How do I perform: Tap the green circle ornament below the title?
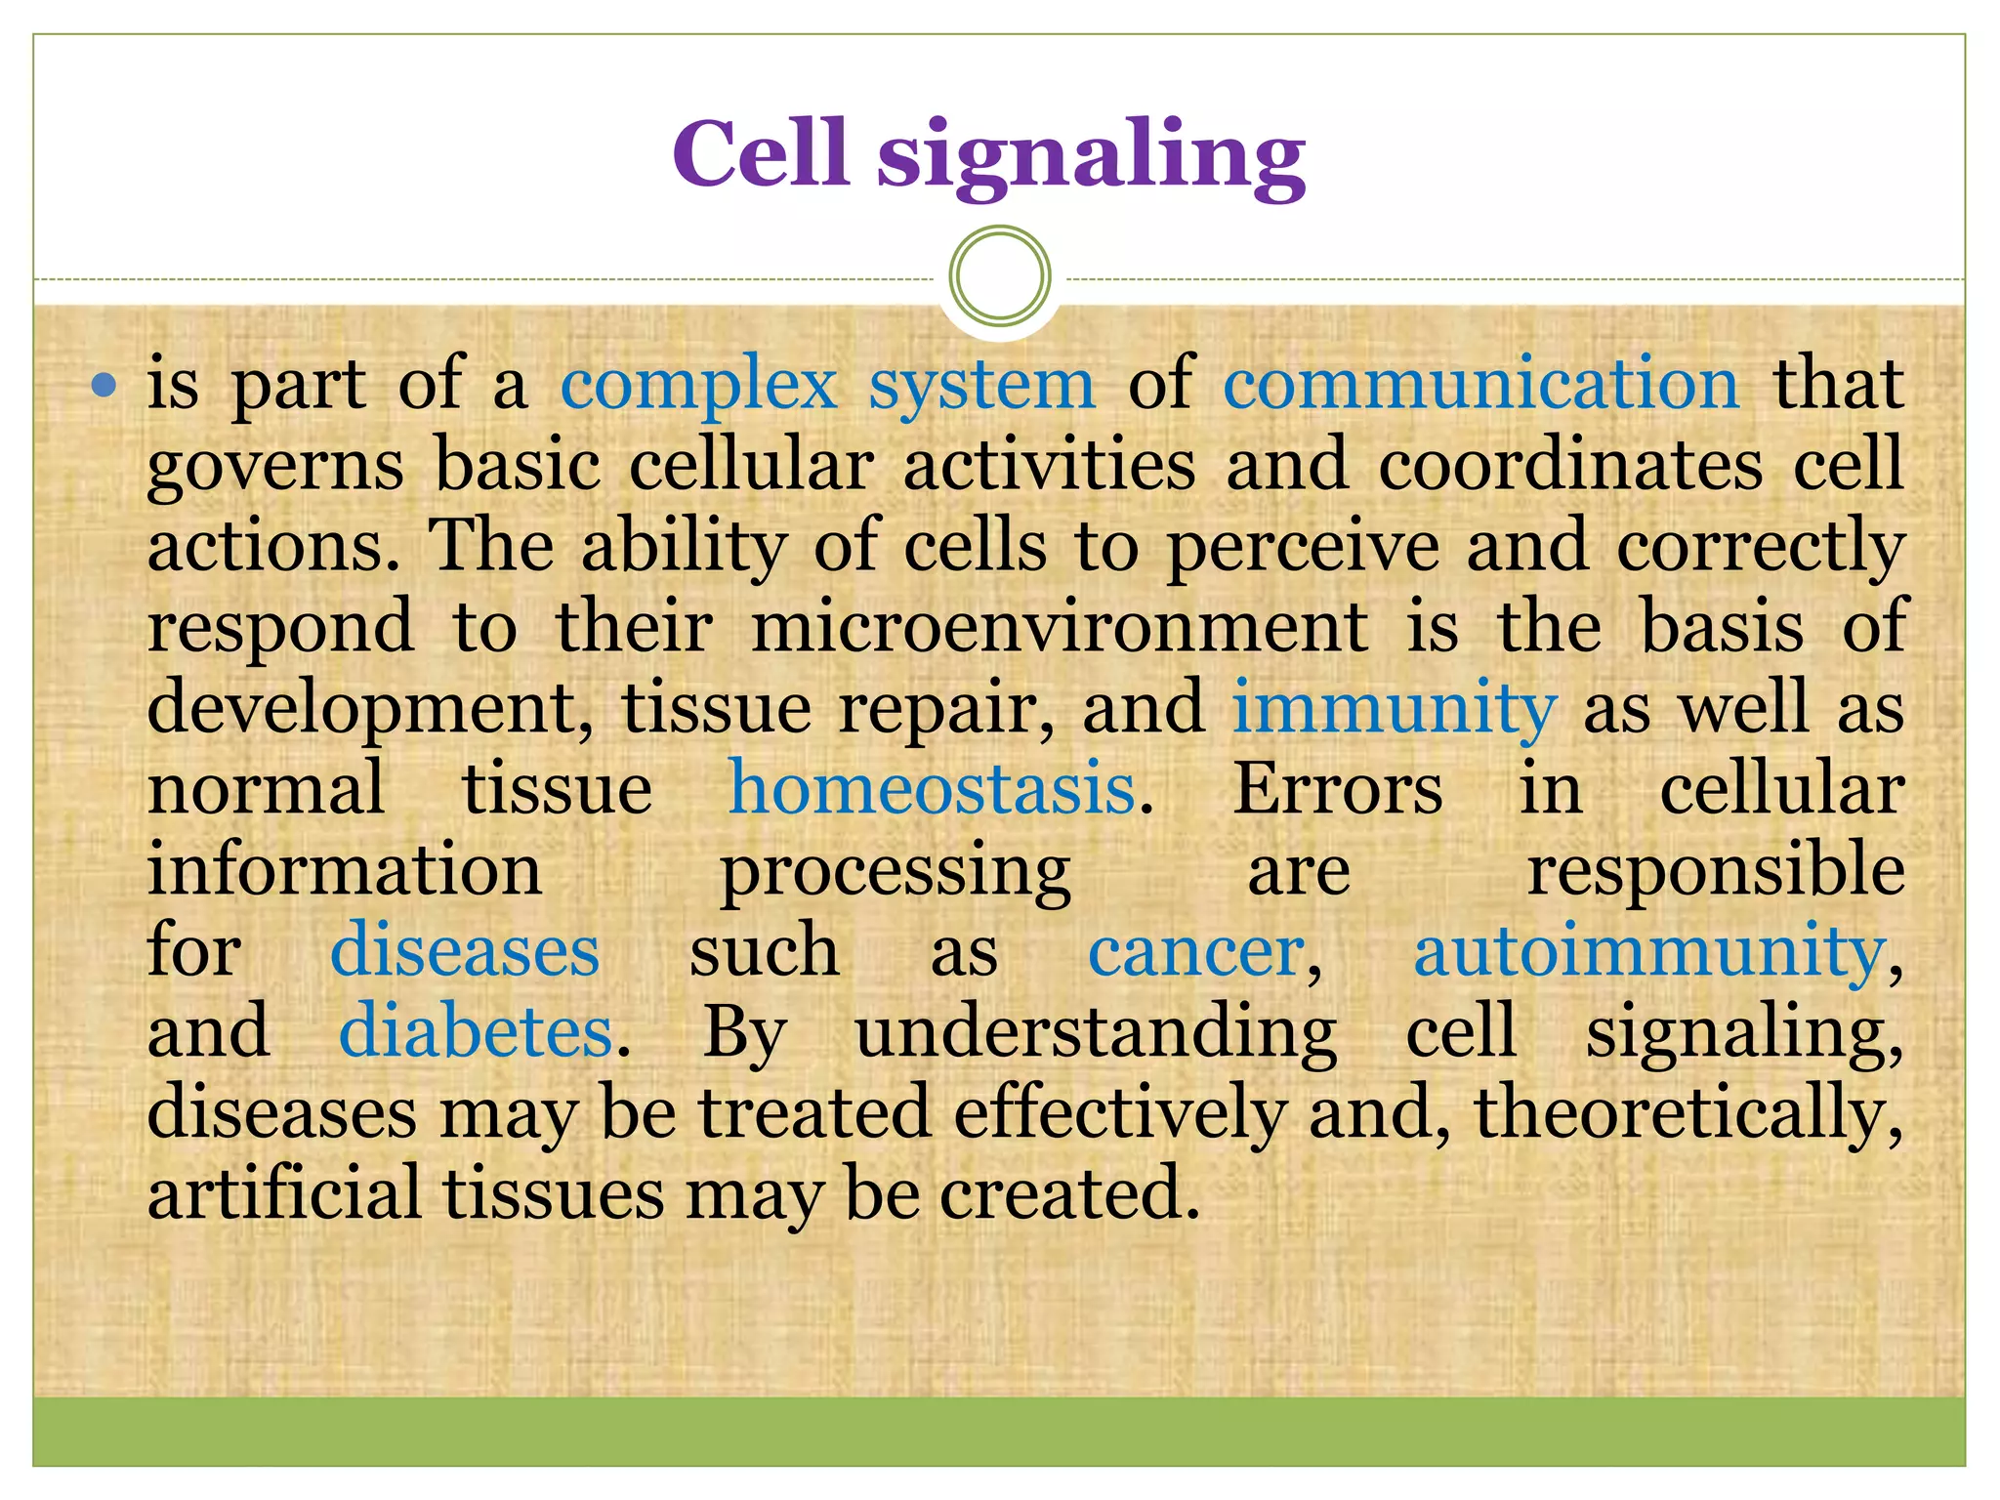point(999,275)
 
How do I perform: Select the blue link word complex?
point(698,385)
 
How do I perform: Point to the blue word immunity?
point(1394,708)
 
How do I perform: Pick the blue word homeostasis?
point(933,789)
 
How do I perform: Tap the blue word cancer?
point(1196,951)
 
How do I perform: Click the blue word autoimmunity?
point(1649,951)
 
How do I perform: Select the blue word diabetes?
point(476,1032)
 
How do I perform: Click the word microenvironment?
point(1059,627)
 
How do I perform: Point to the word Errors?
point(1337,789)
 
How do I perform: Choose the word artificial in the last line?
point(284,1193)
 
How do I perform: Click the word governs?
point(275,467)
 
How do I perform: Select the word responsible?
point(1716,870)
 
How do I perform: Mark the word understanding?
point(1096,1033)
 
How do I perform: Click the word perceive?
point(1303,548)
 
